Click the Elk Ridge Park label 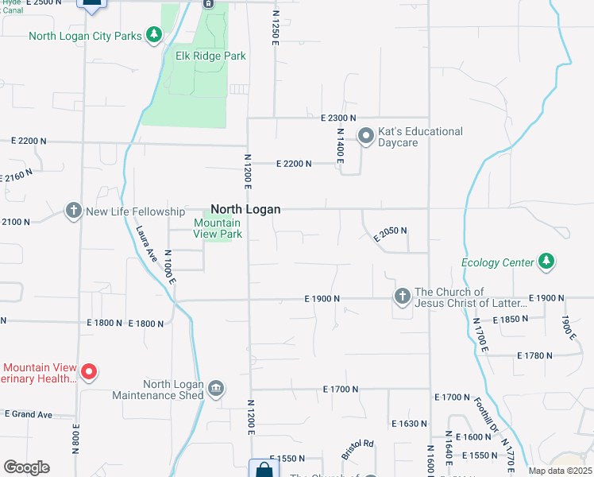[210, 56]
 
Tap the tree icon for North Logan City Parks [154, 36]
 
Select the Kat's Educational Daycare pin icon [366, 137]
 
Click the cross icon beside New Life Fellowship [74, 211]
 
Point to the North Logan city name [245, 209]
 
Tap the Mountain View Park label [218, 229]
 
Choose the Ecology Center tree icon [546, 261]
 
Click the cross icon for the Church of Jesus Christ [403, 297]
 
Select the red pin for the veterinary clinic [90, 372]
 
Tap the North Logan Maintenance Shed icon [216, 389]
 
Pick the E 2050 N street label [390, 231]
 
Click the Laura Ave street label [145, 244]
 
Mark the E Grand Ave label [28, 414]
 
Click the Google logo [26, 467]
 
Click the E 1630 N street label [409, 424]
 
